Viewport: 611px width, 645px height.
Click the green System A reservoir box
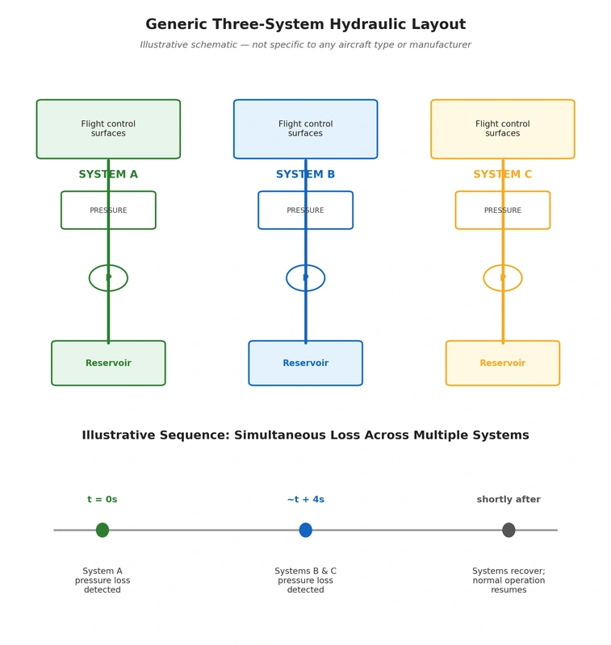108,364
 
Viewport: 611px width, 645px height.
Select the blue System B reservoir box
305,364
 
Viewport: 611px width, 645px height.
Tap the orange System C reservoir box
503,364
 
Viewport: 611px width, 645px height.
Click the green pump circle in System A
90,278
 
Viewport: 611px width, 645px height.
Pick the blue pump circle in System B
287,278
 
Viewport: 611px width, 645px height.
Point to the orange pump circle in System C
483,278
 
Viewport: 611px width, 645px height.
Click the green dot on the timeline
103,530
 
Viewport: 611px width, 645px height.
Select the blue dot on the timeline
305,530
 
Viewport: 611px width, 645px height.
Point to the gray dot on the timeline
508,530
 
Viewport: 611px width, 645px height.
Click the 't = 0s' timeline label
103,499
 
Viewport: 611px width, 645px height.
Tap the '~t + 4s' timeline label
305,499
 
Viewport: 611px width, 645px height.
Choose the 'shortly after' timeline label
508,499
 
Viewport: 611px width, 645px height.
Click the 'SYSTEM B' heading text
305,174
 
